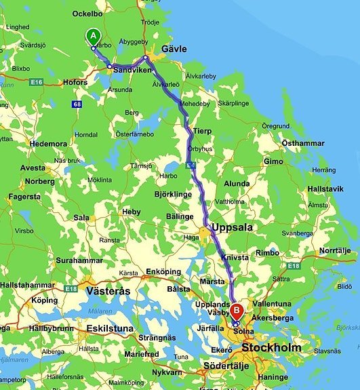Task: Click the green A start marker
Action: tap(94, 37)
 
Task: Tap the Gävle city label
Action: tap(174, 49)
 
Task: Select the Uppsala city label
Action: tap(232, 227)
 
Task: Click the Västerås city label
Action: tap(108, 290)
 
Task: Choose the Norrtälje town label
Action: tap(336, 250)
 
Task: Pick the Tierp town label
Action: tap(203, 131)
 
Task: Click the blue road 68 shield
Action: tap(77, 104)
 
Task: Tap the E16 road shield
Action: tap(37, 82)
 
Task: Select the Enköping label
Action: tap(164, 271)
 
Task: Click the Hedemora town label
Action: tap(47, 144)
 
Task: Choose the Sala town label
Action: tap(81, 218)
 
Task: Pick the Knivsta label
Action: tap(235, 258)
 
